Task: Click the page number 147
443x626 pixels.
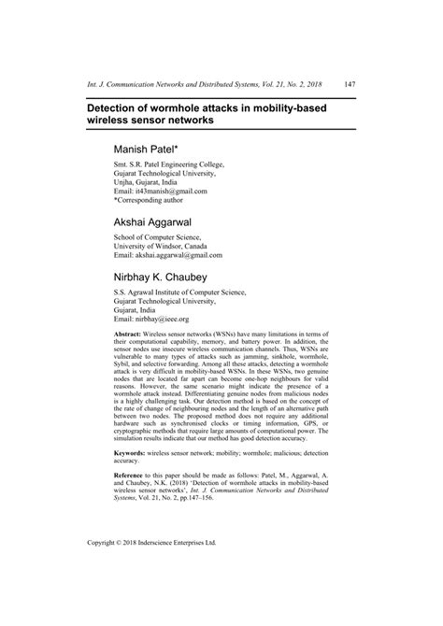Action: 348,84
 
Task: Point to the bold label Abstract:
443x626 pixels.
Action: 128,334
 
